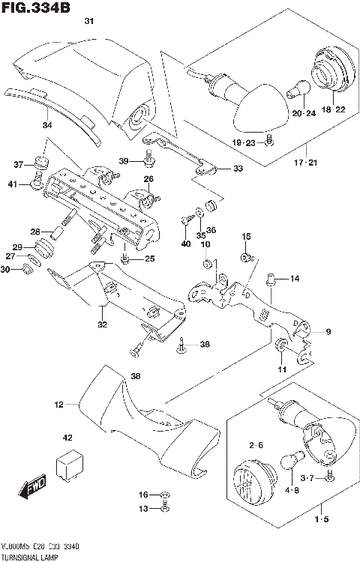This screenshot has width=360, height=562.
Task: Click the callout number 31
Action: tap(89, 22)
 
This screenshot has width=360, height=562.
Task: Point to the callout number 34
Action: tap(46, 125)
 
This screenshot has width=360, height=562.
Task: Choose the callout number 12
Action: tap(58, 405)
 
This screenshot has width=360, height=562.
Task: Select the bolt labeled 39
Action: tap(150, 158)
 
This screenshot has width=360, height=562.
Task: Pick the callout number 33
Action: tap(238, 169)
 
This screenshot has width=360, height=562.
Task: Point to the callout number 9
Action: tap(327, 331)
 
